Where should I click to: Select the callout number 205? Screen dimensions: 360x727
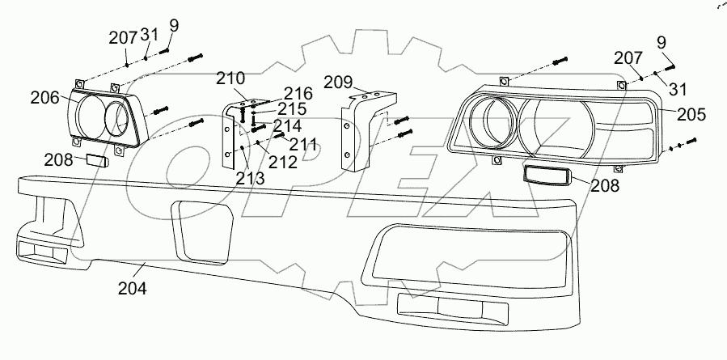pyautogui.click(x=691, y=116)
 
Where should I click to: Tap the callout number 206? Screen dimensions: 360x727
pyautogui.click(x=45, y=98)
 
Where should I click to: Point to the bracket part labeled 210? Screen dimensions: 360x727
pyautogui.click(x=230, y=133)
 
